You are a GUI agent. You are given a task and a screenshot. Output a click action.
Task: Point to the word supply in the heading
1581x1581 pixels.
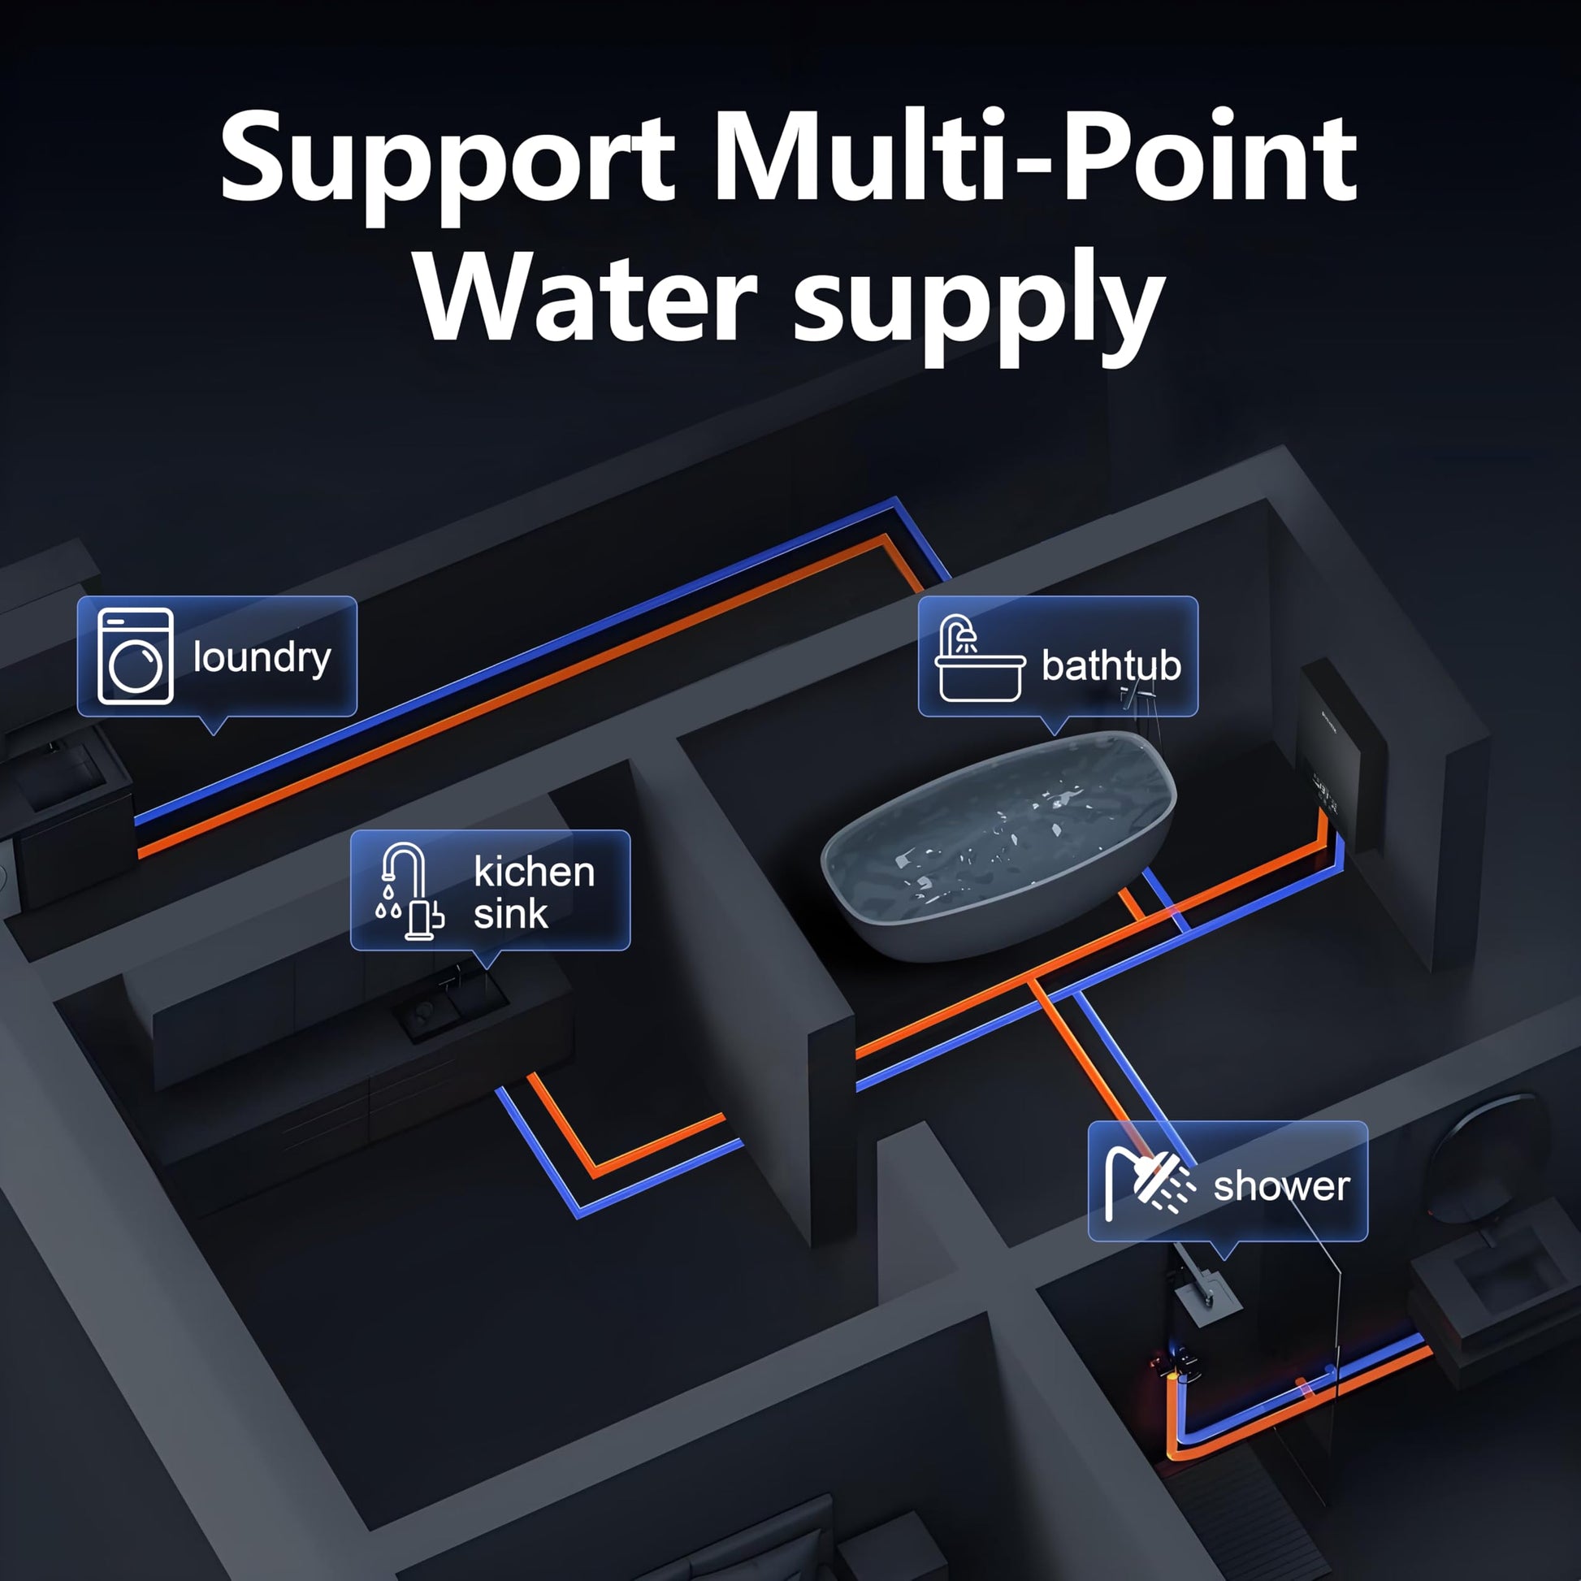click(980, 307)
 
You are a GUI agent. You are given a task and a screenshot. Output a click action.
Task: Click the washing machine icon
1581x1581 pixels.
click(135, 656)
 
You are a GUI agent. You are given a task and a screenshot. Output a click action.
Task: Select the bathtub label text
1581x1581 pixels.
click(1111, 665)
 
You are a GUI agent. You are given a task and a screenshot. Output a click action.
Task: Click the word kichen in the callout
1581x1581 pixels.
click(535, 872)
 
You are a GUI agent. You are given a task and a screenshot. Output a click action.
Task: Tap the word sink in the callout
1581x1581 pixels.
click(511, 914)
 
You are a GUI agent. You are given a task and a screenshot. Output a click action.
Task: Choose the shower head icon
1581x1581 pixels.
click(1150, 1180)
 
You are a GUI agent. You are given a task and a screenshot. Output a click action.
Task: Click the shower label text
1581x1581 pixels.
click(1281, 1187)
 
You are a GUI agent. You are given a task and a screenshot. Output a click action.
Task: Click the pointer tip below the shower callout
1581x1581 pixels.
click(1224, 1258)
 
